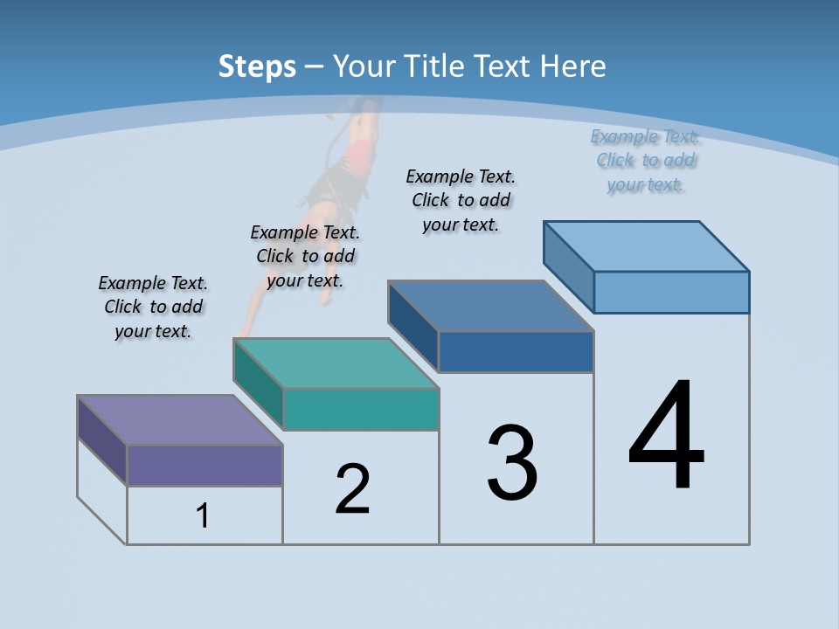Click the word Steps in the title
click(257, 66)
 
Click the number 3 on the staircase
click(512, 463)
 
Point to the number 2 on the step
click(353, 489)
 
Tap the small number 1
click(203, 516)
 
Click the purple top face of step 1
click(179, 420)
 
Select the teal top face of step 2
click(336, 363)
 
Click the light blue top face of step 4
click(647, 246)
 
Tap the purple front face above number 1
click(205, 465)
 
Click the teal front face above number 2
click(360, 409)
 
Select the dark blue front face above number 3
click(516, 351)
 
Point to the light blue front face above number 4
click(671, 292)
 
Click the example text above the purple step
click(153, 307)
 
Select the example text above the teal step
click(305, 256)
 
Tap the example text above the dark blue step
click(461, 200)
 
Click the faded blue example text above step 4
click(645, 160)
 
